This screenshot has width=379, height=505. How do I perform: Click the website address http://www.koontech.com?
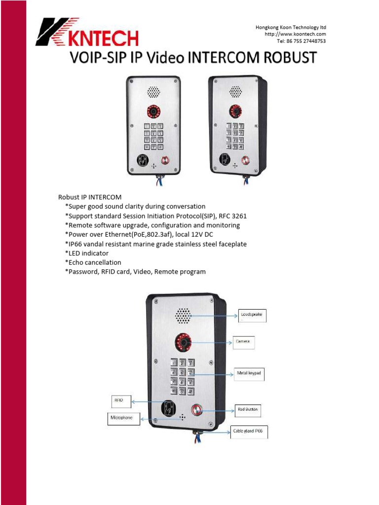[295, 34]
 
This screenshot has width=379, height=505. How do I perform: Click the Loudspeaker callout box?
[252, 315]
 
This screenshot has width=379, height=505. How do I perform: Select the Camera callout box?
[244, 341]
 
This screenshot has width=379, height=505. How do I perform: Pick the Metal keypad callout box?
[249, 373]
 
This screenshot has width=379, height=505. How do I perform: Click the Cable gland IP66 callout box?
[249, 433]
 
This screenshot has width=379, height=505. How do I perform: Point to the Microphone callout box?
[123, 419]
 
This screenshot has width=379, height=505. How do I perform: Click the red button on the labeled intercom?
[195, 409]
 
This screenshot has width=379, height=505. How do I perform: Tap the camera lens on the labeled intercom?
[183, 341]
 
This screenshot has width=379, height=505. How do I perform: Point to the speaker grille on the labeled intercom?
[183, 316]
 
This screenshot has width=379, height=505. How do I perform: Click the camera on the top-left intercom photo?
[153, 111]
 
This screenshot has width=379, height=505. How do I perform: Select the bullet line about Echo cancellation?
[93, 262]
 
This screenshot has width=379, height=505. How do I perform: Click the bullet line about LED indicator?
[87, 253]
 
